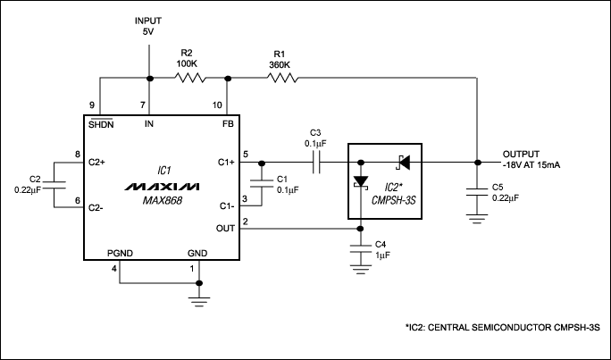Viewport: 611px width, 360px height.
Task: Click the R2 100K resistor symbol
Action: click(189, 79)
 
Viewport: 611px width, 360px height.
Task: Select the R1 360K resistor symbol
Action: click(281, 79)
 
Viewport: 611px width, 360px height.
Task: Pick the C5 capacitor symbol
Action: click(478, 189)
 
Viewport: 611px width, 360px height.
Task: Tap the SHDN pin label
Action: click(99, 124)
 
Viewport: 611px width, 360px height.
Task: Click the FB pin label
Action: click(228, 124)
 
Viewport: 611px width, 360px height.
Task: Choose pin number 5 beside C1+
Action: click(245, 156)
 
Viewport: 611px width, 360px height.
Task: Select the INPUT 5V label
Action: click(149, 27)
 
